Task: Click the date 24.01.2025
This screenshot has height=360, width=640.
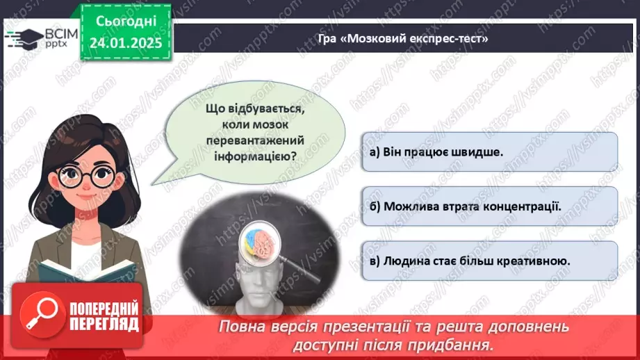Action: tap(125, 43)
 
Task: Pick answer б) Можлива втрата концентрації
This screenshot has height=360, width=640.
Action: tap(466, 206)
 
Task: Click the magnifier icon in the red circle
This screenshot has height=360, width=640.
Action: tap(39, 316)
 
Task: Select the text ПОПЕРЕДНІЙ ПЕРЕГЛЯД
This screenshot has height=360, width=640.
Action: tap(104, 317)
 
